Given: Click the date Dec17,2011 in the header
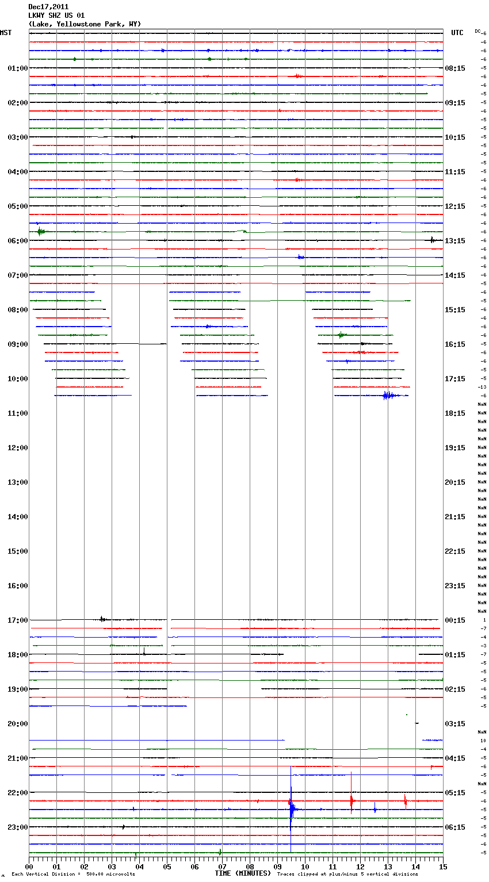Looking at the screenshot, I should [48, 7].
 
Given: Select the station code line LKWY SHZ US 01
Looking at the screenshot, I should [56, 16].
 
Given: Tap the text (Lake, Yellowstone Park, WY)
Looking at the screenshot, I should [85, 24].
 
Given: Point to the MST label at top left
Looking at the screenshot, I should [6, 33].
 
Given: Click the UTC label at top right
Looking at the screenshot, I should [457, 33].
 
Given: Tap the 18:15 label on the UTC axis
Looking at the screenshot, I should [455, 413].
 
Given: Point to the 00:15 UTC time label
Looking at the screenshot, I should [455, 620].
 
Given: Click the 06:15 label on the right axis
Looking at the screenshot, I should [455, 827].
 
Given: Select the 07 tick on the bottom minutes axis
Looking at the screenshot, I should [223, 866].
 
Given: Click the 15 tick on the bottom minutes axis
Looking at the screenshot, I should [443, 866].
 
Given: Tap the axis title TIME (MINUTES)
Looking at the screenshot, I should [243, 873].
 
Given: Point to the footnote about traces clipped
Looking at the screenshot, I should [347, 875].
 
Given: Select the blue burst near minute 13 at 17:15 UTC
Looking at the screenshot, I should [388, 395].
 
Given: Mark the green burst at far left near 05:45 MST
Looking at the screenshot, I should [40, 232].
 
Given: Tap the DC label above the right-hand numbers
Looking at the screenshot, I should [477, 30].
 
